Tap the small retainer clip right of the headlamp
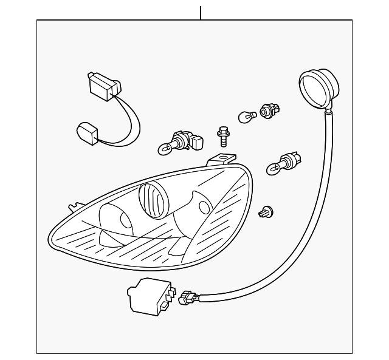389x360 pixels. tap(266, 211)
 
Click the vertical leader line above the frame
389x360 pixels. tap(200, 12)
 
